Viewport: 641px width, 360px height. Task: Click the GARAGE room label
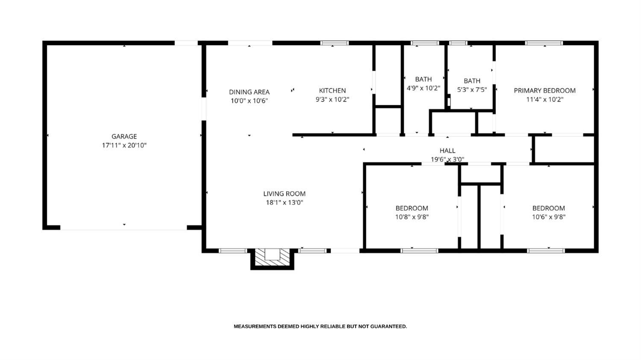pos(124,136)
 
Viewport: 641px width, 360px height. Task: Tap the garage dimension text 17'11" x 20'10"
pos(124,145)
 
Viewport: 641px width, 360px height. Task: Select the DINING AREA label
pos(249,92)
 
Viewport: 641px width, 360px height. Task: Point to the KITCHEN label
pos(332,91)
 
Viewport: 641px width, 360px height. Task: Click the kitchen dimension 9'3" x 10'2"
pos(332,100)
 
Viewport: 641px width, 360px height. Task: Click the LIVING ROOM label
pos(284,194)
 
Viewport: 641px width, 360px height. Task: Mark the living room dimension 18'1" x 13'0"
pos(284,203)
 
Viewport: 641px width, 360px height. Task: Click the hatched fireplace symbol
pos(272,258)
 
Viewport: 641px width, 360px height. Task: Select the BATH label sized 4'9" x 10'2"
pos(423,79)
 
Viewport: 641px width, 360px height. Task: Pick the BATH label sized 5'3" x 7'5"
pos(472,81)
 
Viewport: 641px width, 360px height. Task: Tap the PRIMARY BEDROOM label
pos(544,91)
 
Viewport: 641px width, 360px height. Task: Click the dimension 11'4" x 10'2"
pos(544,100)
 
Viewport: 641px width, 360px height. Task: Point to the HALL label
pos(447,150)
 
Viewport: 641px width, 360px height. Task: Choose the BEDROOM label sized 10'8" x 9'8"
pos(412,208)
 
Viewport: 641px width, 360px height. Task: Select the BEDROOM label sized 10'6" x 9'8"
pos(548,208)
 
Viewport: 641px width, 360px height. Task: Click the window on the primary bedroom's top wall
pos(544,43)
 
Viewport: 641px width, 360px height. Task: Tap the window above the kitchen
pos(335,43)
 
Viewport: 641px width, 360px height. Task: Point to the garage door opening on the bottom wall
pos(123,228)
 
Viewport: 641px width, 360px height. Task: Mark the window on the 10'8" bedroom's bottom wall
pos(419,251)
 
